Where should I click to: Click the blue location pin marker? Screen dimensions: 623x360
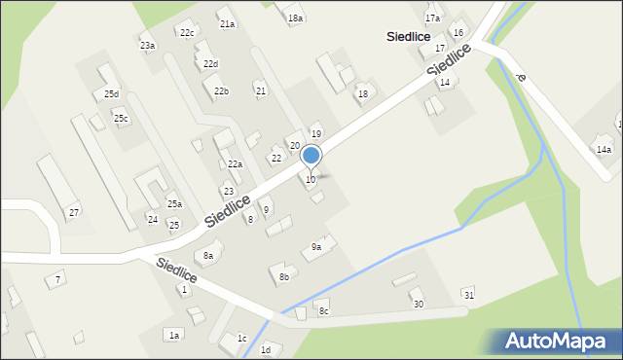(x=311, y=156)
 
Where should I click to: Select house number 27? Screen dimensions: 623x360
(x=73, y=212)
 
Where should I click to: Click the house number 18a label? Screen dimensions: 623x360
(x=295, y=18)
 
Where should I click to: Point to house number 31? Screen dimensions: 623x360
(x=468, y=294)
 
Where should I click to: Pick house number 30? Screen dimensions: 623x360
(x=419, y=305)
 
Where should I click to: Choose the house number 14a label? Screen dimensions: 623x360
(x=604, y=149)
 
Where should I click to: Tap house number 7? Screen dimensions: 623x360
(x=58, y=279)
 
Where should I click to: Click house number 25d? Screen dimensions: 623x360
(x=112, y=94)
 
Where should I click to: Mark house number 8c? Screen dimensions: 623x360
(x=324, y=311)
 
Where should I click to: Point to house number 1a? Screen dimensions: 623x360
(x=174, y=335)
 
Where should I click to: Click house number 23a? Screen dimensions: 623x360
(x=147, y=46)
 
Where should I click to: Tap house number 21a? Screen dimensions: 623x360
(x=227, y=23)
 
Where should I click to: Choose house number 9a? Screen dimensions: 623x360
(x=316, y=247)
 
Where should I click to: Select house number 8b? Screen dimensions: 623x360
(x=284, y=277)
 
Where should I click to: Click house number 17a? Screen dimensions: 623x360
(x=432, y=18)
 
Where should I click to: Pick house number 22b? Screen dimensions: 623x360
(x=222, y=91)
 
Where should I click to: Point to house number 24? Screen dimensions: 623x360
(x=153, y=219)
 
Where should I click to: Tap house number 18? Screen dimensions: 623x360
(x=363, y=93)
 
